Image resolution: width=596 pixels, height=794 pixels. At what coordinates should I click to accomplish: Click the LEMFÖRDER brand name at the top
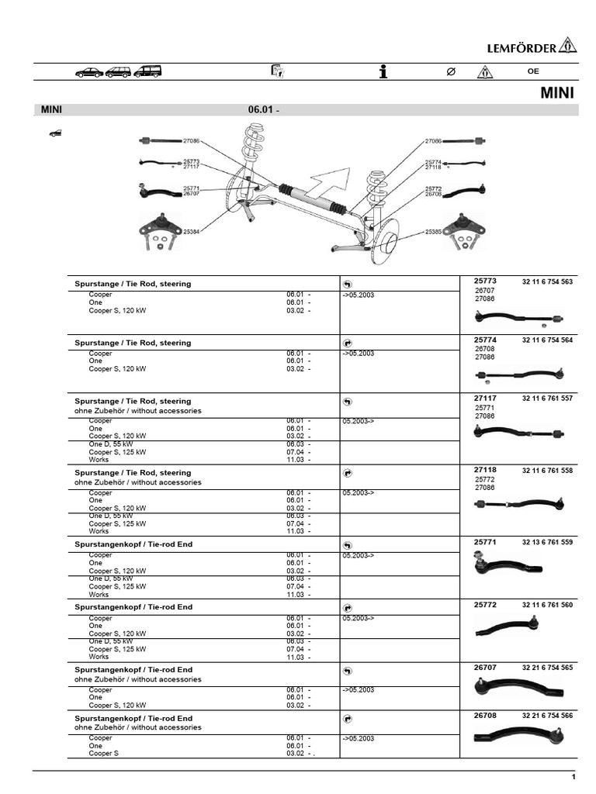pyautogui.click(x=521, y=48)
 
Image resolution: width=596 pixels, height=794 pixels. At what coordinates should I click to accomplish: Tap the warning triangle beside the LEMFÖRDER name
pyautogui.click(x=568, y=46)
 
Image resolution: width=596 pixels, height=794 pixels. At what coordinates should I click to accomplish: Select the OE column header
pyautogui.click(x=532, y=71)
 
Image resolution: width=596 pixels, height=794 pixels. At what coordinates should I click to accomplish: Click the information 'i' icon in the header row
pyautogui.click(x=383, y=71)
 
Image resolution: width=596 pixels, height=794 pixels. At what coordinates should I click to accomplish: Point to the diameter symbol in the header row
pyautogui.click(x=450, y=71)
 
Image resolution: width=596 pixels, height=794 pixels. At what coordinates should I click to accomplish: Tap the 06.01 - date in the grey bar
pyautogui.click(x=264, y=110)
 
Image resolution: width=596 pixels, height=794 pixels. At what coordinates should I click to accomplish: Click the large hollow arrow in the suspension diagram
pyautogui.click(x=326, y=184)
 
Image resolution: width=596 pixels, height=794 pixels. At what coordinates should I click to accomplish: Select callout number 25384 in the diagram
pyautogui.click(x=192, y=231)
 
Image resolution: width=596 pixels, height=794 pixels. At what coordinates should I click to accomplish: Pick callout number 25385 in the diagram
pyautogui.click(x=434, y=231)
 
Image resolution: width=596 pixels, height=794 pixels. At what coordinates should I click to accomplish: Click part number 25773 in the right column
pyautogui.click(x=484, y=281)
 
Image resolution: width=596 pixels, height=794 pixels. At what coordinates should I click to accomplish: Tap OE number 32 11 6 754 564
pyautogui.click(x=547, y=340)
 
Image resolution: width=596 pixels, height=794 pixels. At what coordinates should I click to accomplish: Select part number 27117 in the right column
pyautogui.click(x=484, y=398)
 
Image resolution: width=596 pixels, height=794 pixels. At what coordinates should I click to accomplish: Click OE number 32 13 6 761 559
pyautogui.click(x=547, y=542)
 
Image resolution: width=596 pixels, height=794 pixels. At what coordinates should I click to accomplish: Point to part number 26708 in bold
pyautogui.click(x=484, y=716)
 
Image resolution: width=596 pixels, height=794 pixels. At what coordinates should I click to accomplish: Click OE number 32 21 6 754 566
pyautogui.click(x=547, y=716)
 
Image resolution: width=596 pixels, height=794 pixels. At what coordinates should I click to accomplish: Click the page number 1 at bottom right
pyautogui.click(x=573, y=777)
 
